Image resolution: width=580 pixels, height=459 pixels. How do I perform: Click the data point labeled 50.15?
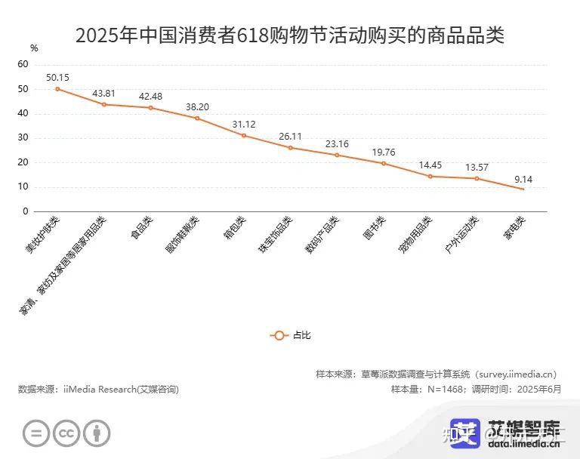pyautogui.click(x=57, y=89)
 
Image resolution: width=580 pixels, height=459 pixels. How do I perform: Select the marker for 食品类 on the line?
pyautogui.click(x=151, y=108)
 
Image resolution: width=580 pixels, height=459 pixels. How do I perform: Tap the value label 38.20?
pyautogui.click(x=197, y=106)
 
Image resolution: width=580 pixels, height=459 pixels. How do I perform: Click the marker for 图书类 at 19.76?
pyautogui.click(x=384, y=163)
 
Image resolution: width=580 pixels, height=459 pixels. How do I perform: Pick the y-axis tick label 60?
pyautogui.click(x=23, y=65)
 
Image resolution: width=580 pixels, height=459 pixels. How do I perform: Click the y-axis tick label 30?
pyautogui.click(x=23, y=138)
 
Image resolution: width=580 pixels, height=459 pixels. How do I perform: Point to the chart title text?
pyautogui.click(x=290, y=35)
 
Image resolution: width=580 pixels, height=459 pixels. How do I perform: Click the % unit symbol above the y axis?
pyautogui.click(x=34, y=48)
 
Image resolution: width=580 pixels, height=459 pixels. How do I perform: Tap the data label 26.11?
pyautogui.click(x=291, y=136)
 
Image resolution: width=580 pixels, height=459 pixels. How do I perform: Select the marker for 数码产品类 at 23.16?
pyautogui.click(x=337, y=155)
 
